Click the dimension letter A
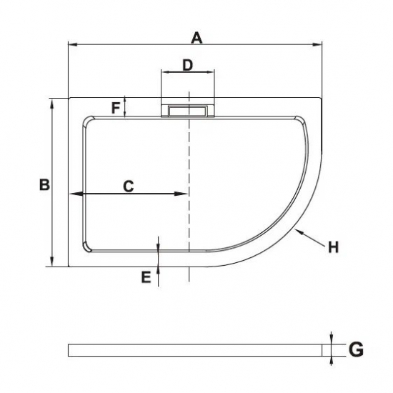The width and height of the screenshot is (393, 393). point(196,39)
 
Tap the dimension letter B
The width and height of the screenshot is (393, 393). point(44,185)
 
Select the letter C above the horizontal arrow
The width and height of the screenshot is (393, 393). point(129,186)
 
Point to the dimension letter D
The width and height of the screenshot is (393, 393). point(187,65)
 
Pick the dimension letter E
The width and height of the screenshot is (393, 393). point(146,277)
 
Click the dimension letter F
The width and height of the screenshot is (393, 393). point(116,109)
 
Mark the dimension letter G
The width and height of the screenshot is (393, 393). point(356,349)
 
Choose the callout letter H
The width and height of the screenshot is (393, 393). point(334,247)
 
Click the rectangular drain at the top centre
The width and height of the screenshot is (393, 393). point(188,111)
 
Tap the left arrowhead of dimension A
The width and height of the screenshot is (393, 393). point(72,44)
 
